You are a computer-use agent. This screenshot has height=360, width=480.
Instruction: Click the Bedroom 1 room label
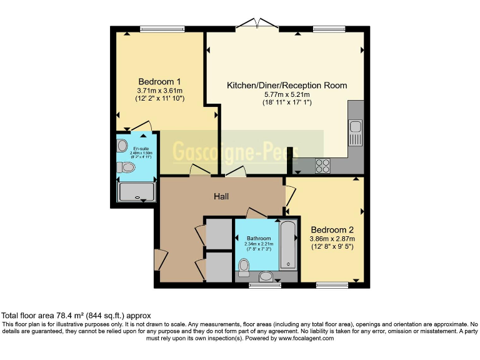click(159, 81)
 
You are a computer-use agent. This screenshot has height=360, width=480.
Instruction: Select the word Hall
click(221, 196)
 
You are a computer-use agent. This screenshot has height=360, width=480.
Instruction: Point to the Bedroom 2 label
click(332, 229)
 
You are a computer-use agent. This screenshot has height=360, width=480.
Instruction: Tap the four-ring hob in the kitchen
click(323, 166)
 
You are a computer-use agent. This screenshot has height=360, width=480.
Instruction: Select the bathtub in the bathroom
click(289, 244)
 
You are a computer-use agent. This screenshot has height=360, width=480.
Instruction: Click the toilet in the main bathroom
click(244, 267)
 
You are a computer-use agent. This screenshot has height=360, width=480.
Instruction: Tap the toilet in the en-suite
click(127, 167)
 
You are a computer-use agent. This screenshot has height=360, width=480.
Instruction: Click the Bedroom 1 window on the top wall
click(162, 29)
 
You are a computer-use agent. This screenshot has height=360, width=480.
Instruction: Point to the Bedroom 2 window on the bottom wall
click(332, 286)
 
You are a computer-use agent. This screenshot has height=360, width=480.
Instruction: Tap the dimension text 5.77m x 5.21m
click(286, 94)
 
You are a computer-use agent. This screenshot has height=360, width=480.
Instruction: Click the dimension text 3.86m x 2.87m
click(332, 238)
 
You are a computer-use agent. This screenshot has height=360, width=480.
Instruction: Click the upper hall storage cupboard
click(218, 233)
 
